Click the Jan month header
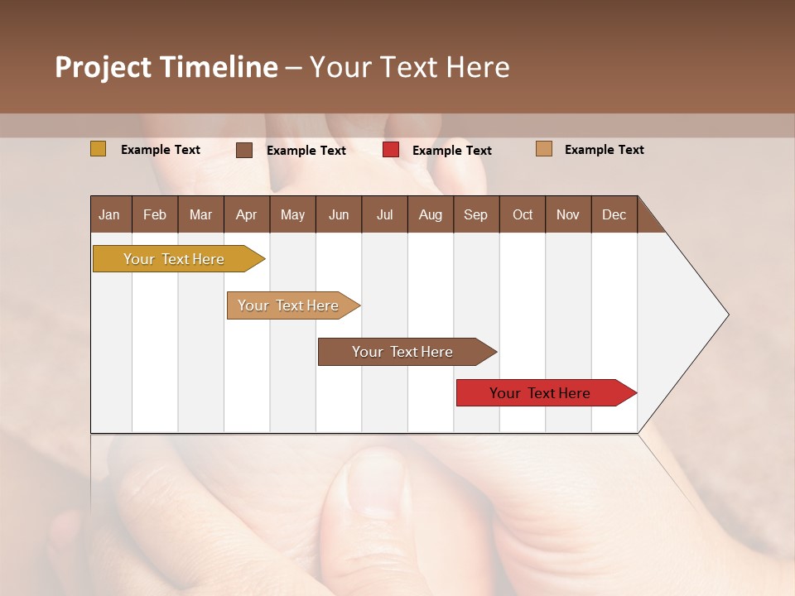tap(110, 214)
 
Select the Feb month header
tap(155, 214)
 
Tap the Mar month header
tap(200, 214)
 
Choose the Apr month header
tap(247, 214)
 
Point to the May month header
tap(292, 214)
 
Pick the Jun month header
tap(339, 214)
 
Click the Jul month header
tap(384, 214)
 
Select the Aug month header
tap(431, 214)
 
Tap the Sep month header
tap(476, 214)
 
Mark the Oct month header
tap(523, 214)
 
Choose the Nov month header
tap(568, 214)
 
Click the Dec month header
tap(614, 214)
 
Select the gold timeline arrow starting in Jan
tap(174, 259)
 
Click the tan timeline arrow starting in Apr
tap(289, 305)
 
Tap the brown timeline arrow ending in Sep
tap(402, 352)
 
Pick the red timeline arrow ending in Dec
tap(541, 393)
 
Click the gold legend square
tap(99, 149)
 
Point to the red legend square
tap(391, 150)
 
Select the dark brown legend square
tap(244, 150)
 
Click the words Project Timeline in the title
tap(166, 67)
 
